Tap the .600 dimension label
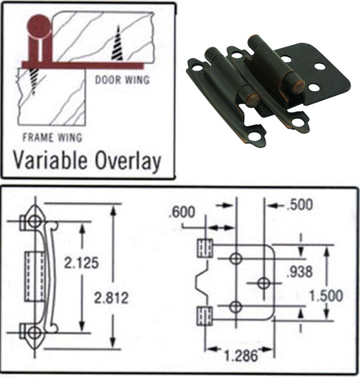[x=182, y=212]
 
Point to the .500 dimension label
[x=300, y=204]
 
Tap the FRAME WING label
[x=52, y=137]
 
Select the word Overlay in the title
[x=129, y=161]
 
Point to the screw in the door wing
[x=117, y=46]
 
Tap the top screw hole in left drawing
[x=34, y=222]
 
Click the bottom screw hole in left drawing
[x=34, y=332]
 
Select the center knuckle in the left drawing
[x=34, y=277]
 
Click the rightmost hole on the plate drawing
[x=263, y=283]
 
